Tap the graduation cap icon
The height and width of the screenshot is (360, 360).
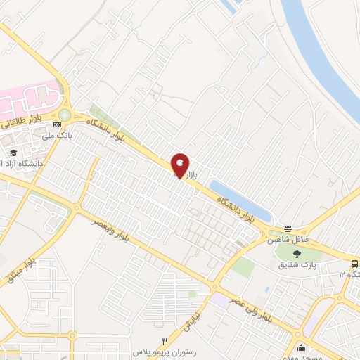(x=12, y=153)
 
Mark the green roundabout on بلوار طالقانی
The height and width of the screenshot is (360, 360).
(x=65, y=115)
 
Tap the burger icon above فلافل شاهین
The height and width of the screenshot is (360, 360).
(x=288, y=229)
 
